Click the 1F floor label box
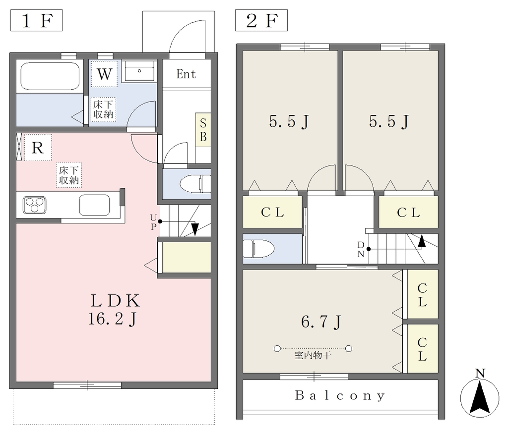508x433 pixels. (36, 20)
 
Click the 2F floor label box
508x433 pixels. (261, 20)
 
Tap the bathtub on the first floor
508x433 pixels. (50, 76)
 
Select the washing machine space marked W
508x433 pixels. (104, 74)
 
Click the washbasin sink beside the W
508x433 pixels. (139, 72)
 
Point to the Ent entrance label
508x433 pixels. (187, 74)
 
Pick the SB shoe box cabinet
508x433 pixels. (203, 130)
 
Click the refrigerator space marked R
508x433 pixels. (38, 148)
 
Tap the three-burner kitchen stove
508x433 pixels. (34, 205)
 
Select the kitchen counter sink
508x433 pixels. (95, 205)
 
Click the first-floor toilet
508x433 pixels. (195, 184)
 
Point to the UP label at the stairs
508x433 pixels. (154, 221)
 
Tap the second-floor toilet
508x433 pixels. (258, 249)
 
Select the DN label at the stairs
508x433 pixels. (361, 249)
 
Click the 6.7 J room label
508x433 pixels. (321, 322)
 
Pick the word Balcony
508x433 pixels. (340, 395)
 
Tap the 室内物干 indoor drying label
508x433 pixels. (313, 355)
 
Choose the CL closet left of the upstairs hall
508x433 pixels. (272, 212)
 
